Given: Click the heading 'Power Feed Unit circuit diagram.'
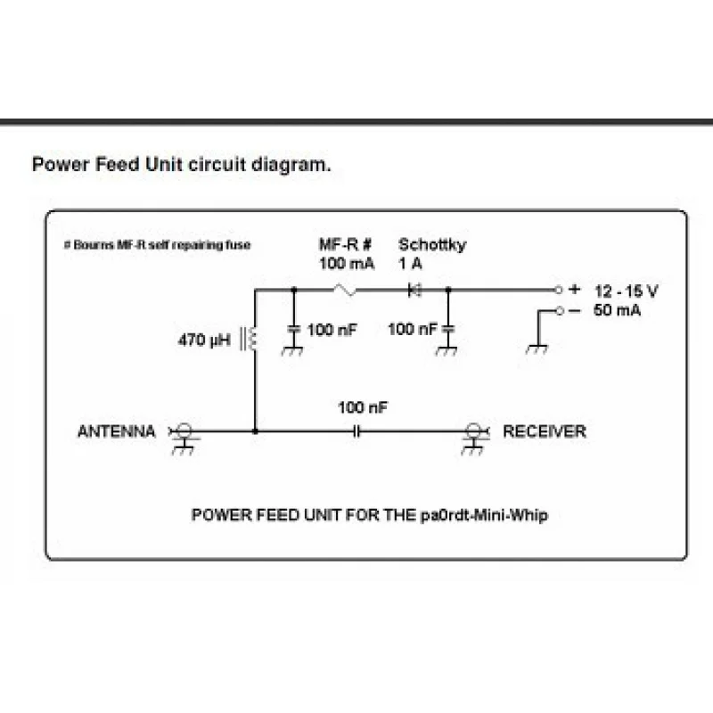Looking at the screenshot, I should click(182, 165).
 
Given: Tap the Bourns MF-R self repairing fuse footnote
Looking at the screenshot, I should click(158, 244).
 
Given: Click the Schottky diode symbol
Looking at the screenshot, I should click(414, 290).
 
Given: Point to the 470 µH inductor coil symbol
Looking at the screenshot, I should click(251, 340).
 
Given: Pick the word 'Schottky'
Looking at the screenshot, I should click(431, 244).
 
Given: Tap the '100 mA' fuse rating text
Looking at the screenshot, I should click(347, 263).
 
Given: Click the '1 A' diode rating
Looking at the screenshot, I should click(411, 263).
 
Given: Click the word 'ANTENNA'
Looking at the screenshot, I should click(117, 431).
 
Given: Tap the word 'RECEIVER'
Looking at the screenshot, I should click(545, 431).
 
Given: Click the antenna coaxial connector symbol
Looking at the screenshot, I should click(184, 432).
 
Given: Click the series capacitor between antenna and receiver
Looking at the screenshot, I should click(359, 432).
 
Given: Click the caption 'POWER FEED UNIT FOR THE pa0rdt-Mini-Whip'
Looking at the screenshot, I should click(369, 516).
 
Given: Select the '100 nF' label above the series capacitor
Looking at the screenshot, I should click(363, 408).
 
